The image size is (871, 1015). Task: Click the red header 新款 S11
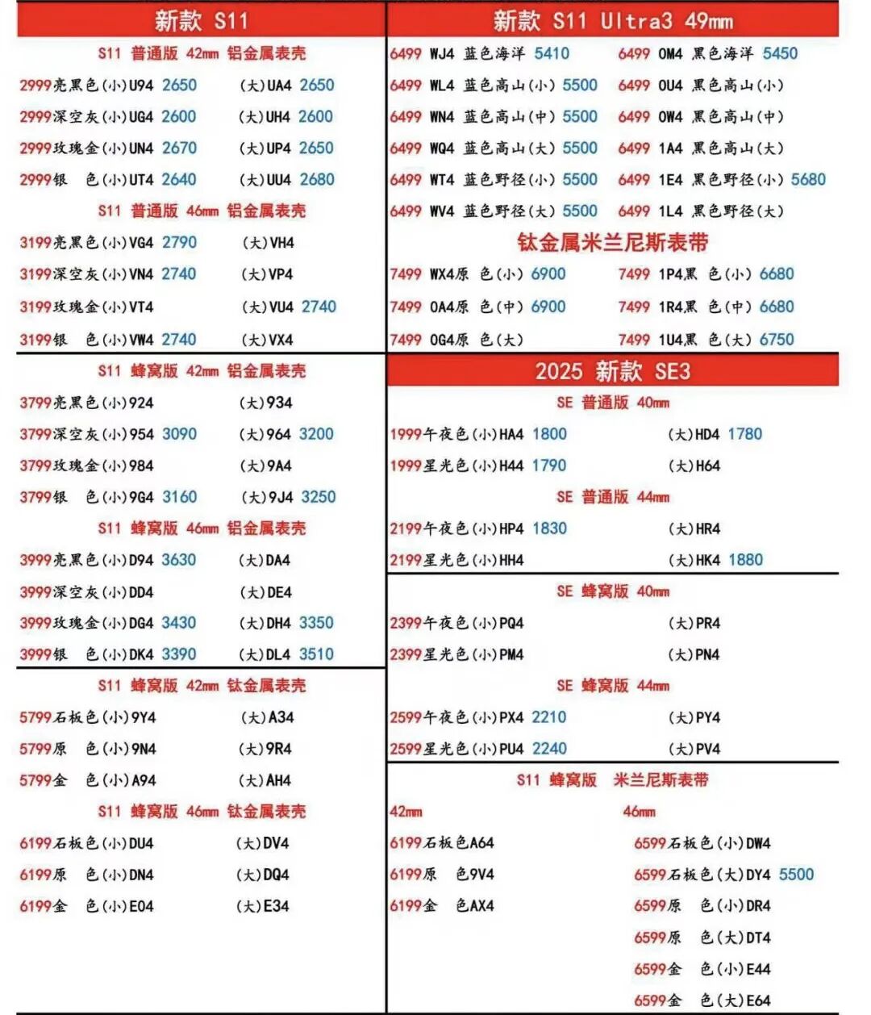click(201, 20)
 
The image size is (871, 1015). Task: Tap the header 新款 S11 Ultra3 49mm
click(613, 20)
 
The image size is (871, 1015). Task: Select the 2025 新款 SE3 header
click(613, 371)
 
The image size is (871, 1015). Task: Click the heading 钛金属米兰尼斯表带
click(613, 242)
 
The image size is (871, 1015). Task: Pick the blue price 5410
click(552, 53)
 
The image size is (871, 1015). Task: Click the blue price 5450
click(780, 53)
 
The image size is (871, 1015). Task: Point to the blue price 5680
click(808, 179)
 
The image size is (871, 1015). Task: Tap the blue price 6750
click(777, 340)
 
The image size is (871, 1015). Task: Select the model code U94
click(141, 85)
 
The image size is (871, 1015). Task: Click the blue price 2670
click(179, 148)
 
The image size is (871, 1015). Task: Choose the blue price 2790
click(179, 242)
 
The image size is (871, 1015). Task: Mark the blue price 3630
click(178, 560)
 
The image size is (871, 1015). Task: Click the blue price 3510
click(316, 654)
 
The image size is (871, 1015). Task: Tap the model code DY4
click(758, 875)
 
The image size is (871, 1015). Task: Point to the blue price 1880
click(744, 560)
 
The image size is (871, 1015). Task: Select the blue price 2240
click(549, 749)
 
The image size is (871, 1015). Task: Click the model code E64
click(758, 1000)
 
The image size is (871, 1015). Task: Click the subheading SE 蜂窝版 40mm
click(613, 591)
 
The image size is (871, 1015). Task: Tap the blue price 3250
click(318, 497)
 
